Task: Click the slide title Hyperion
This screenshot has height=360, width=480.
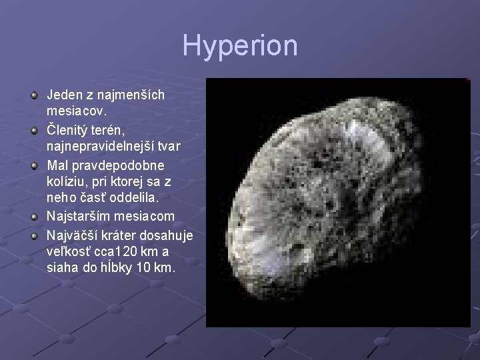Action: coord(240,46)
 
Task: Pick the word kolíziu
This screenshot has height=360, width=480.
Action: coord(67,181)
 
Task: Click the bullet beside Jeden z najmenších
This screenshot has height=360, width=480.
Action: coord(35,95)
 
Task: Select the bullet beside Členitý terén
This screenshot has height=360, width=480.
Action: coord(35,130)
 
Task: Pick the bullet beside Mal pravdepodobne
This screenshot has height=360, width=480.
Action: coord(35,165)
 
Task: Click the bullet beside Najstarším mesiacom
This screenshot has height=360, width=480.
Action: coord(35,217)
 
